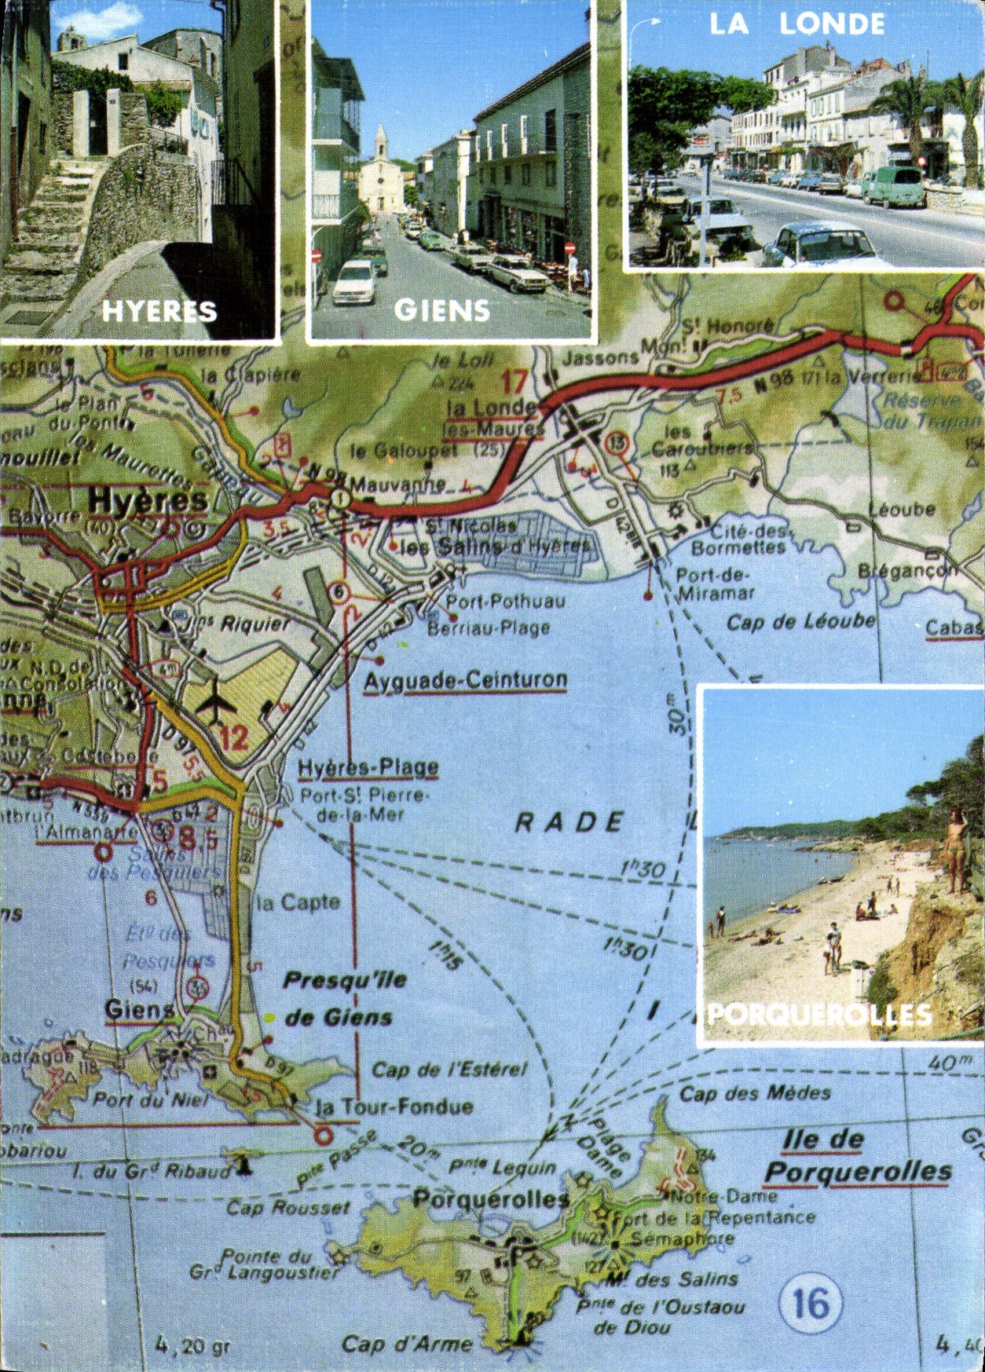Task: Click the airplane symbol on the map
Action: tap(216, 701)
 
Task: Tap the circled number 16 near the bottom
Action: tap(810, 1304)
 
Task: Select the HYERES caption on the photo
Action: tap(159, 312)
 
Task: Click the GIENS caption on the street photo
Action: tap(442, 311)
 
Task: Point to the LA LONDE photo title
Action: tap(796, 24)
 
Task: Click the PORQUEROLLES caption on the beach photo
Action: tap(819, 1015)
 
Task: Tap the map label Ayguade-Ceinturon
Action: tap(465, 681)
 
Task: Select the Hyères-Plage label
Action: tap(368, 767)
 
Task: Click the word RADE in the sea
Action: tap(570, 822)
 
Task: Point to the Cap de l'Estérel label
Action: tap(449, 1070)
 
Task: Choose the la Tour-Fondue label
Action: tap(394, 1107)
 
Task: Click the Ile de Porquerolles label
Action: tap(858, 1157)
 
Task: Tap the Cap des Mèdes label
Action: tap(755, 1093)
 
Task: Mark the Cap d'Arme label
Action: tap(407, 1345)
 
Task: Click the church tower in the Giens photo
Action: tap(381, 145)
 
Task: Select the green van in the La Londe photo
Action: tap(895, 187)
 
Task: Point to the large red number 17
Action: tap(514, 382)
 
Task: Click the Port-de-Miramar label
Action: tap(715, 584)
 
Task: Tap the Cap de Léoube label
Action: tap(800, 622)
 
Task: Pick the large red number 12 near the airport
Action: tap(233, 737)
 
